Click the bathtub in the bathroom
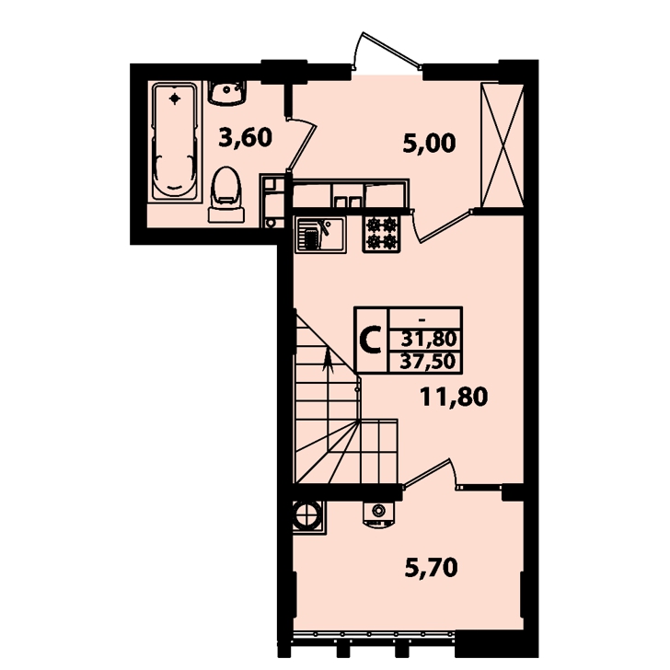[x=174, y=142]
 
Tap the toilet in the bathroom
[x=226, y=194]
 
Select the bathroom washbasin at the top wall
[x=227, y=93]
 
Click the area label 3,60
[x=245, y=138]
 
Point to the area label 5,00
[x=430, y=144]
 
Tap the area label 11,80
[x=454, y=397]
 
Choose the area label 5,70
[x=431, y=568]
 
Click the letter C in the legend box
[x=370, y=340]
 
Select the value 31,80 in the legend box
[x=429, y=340]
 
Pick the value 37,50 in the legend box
[x=428, y=362]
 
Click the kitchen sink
[x=320, y=235]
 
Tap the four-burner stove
[x=382, y=234]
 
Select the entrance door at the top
[x=386, y=50]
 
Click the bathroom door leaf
[x=303, y=144]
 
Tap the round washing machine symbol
[x=307, y=515]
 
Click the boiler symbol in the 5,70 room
[x=378, y=513]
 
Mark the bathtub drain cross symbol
[x=174, y=98]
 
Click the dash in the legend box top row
[x=422, y=319]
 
